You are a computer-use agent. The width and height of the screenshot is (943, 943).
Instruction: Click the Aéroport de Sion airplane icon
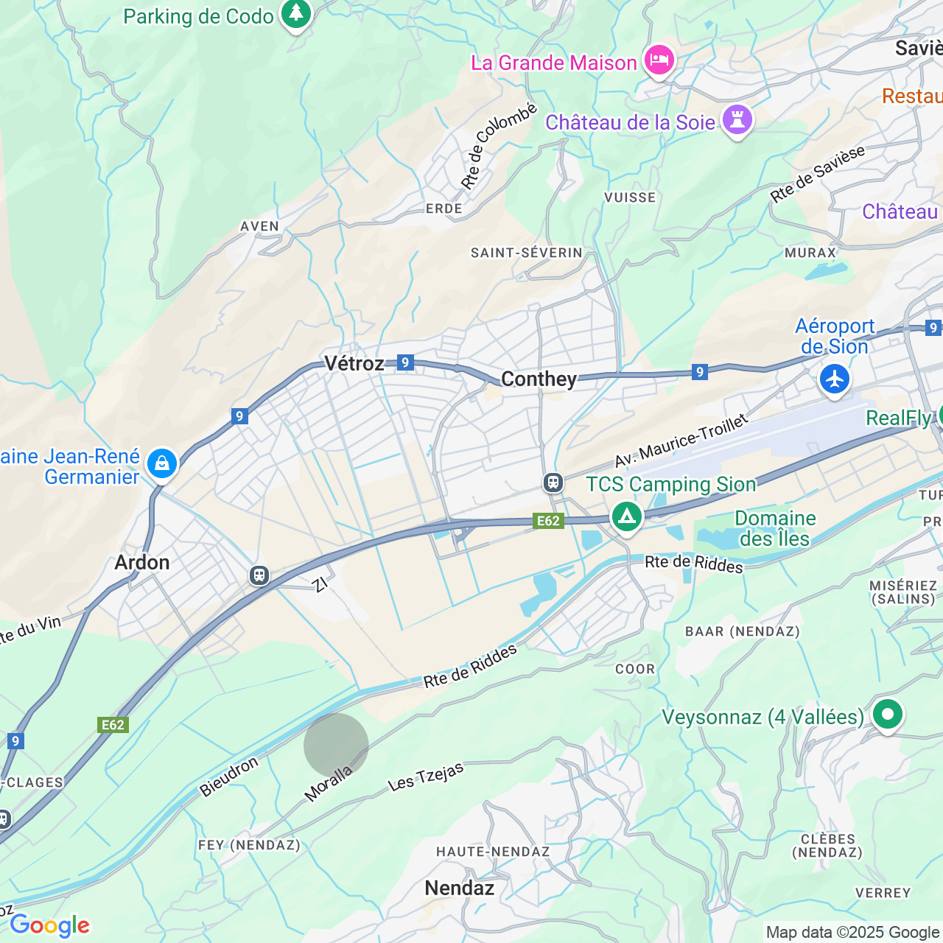click(834, 379)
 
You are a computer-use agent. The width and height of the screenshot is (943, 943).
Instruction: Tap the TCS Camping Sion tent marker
click(626, 516)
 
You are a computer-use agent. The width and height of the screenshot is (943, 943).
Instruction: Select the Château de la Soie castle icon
click(737, 119)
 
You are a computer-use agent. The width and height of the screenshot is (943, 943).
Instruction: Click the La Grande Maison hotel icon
click(659, 60)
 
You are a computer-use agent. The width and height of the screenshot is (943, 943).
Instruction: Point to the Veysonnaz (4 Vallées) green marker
click(887, 714)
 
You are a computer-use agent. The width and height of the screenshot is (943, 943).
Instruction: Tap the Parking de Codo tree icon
click(296, 13)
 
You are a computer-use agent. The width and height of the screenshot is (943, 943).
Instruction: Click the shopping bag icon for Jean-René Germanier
click(161, 463)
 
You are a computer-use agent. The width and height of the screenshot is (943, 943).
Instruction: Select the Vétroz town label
click(354, 363)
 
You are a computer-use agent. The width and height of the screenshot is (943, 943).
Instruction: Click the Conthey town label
click(539, 379)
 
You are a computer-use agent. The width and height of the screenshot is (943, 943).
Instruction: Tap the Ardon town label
click(142, 563)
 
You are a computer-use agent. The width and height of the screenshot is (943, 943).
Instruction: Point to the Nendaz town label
click(459, 888)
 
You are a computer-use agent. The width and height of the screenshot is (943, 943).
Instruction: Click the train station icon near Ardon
click(259, 575)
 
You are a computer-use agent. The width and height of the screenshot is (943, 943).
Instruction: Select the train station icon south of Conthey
click(553, 483)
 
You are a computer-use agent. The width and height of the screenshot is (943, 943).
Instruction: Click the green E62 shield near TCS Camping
click(548, 521)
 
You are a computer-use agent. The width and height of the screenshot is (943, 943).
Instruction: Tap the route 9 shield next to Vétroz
click(404, 362)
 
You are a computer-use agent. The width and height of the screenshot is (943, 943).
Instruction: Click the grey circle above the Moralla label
click(336, 745)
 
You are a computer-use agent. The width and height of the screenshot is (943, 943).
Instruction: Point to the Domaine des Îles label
click(775, 528)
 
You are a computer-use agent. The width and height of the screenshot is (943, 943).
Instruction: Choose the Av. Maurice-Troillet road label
click(681, 441)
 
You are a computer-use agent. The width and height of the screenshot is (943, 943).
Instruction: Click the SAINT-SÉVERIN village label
click(526, 253)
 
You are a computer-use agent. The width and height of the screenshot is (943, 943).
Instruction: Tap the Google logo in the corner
click(49, 925)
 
